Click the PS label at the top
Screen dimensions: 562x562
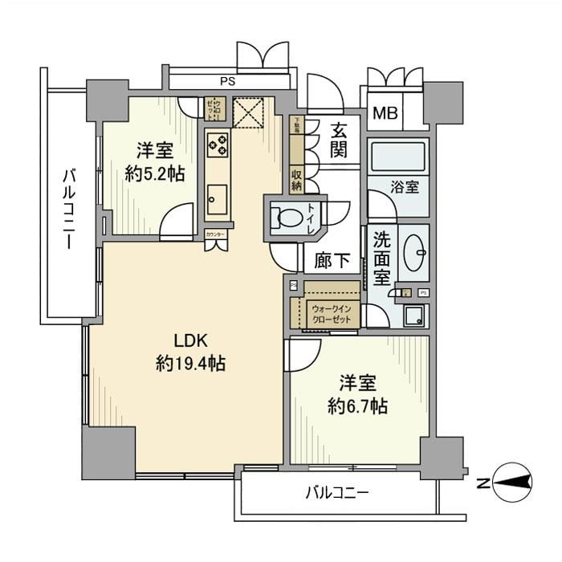tap(228, 81)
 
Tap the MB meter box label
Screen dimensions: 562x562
tap(384, 113)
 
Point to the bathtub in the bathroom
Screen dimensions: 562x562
tap(398, 157)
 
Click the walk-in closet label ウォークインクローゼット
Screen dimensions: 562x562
tap(331, 312)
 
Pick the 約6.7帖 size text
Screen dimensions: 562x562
tap(357, 406)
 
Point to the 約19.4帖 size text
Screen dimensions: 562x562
tap(189, 364)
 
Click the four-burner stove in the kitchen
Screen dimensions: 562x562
tap(217, 145)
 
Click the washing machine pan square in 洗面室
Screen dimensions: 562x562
tap(415, 316)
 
